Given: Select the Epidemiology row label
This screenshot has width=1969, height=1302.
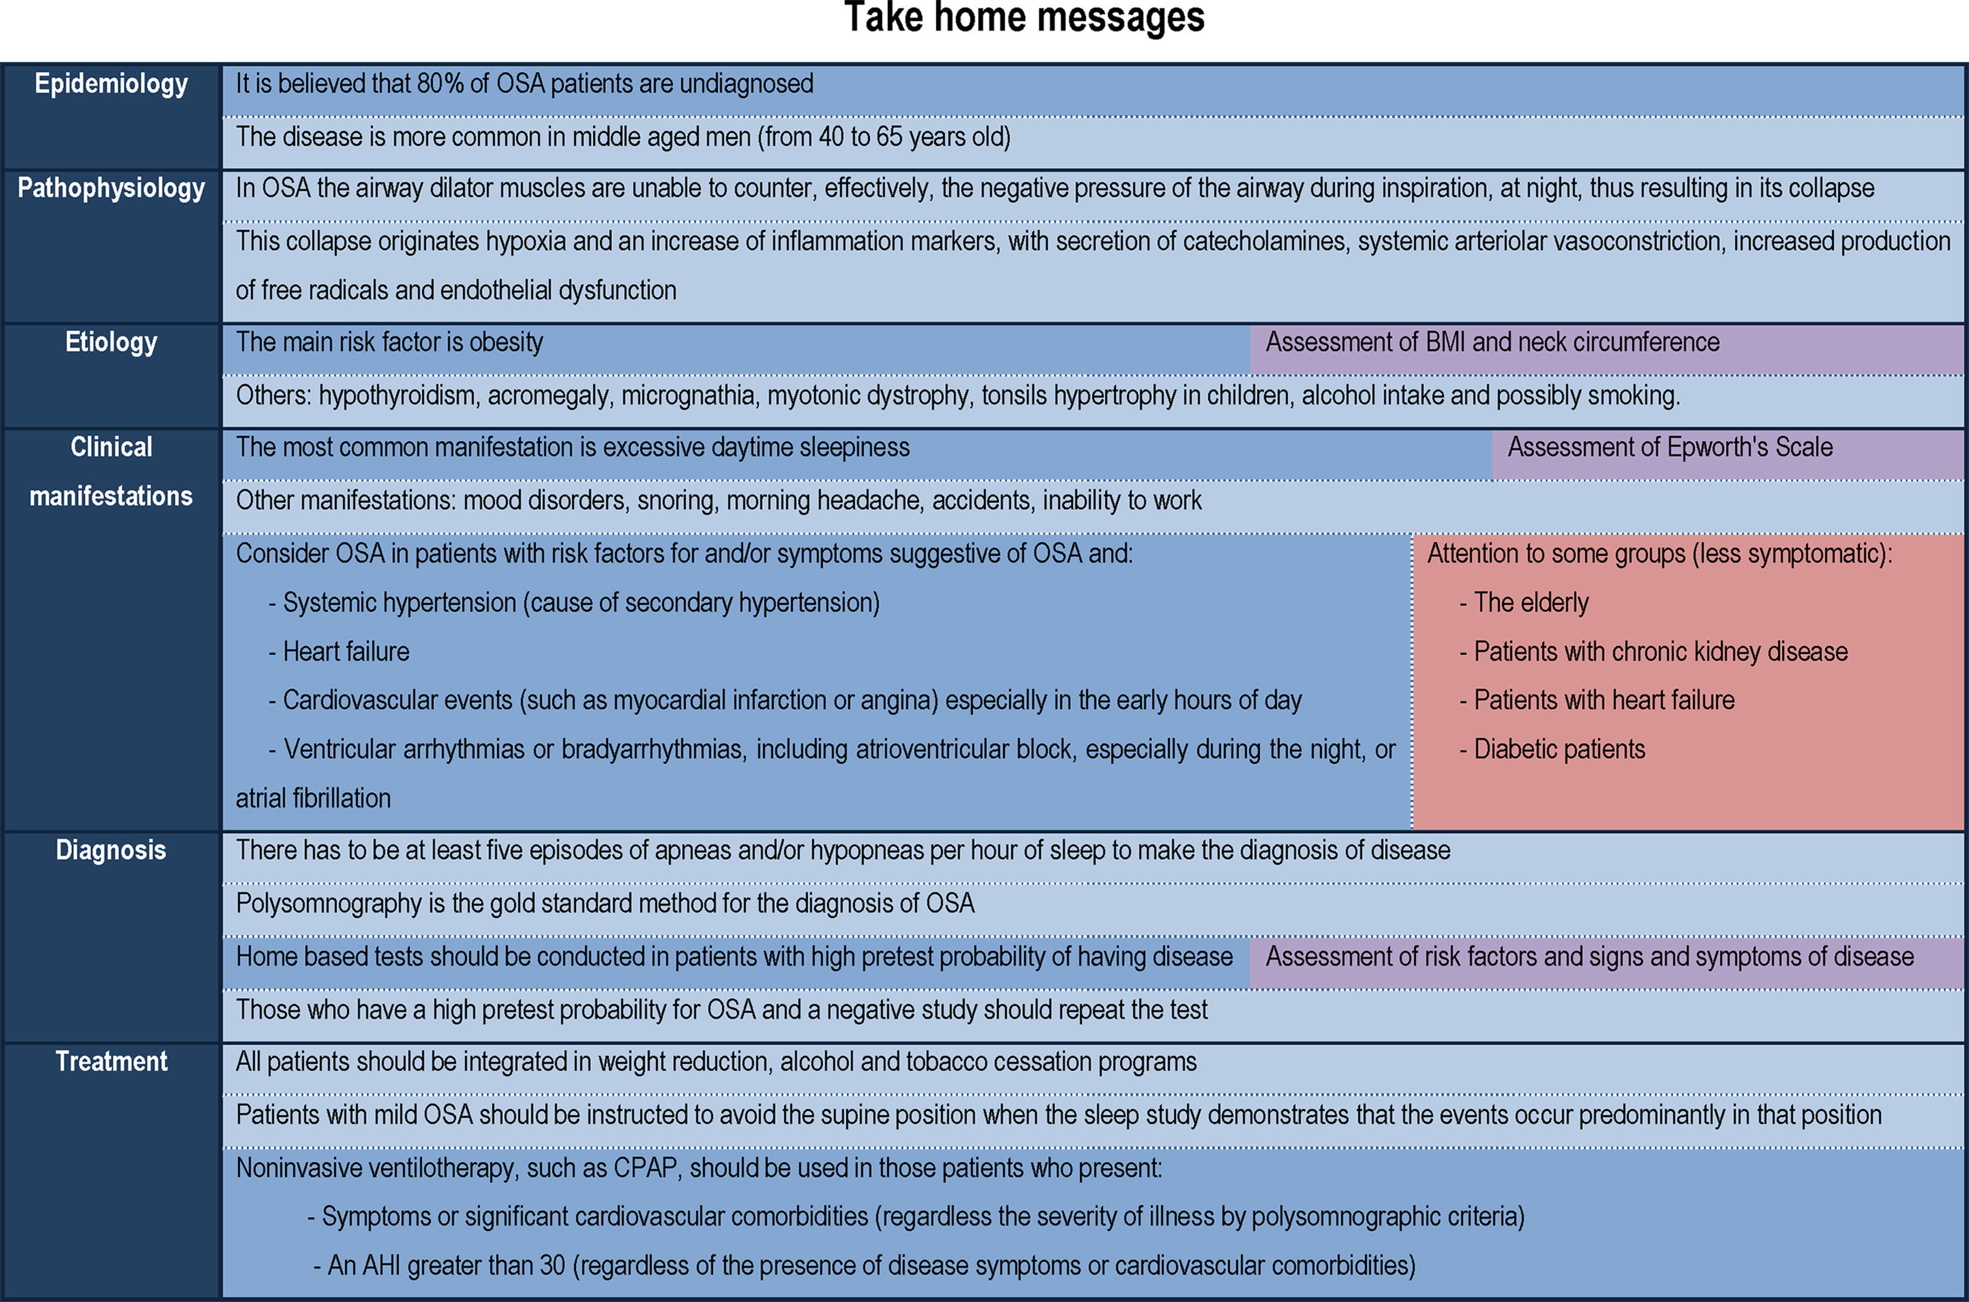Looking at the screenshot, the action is click(111, 84).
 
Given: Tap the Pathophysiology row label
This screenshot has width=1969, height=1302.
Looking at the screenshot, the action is click(111, 188).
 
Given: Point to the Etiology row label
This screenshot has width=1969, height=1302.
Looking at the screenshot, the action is click(111, 342).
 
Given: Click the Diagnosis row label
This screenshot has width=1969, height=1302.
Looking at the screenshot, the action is click(111, 850).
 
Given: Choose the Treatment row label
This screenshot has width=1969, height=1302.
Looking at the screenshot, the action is click(111, 1061).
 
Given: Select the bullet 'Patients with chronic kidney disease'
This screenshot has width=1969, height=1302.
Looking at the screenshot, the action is click(1659, 652).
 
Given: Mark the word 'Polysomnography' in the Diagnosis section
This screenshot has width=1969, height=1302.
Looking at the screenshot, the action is click(329, 903).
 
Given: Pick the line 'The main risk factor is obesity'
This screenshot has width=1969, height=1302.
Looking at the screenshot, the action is click(390, 342).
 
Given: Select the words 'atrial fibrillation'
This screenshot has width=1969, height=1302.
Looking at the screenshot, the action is click(313, 799).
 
